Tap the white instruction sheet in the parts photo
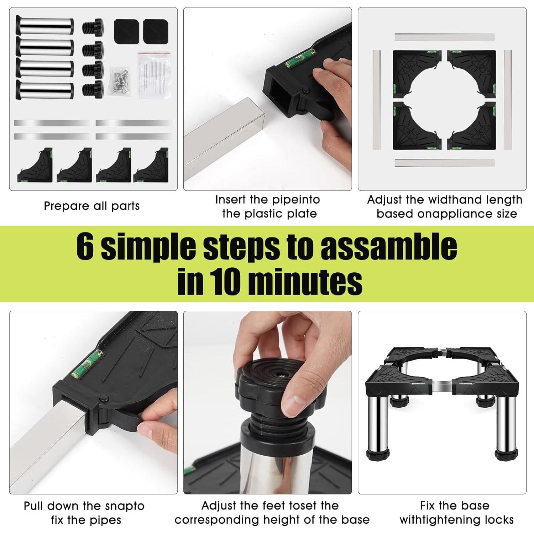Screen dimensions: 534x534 [x=153, y=75]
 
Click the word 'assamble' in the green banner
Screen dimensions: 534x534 [x=389, y=246]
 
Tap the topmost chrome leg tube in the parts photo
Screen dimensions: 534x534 [x=45, y=26]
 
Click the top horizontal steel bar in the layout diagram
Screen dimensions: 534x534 [x=445, y=37]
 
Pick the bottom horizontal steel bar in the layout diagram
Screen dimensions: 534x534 [x=445, y=163]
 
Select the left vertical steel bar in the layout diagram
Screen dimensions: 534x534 [x=376, y=100]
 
